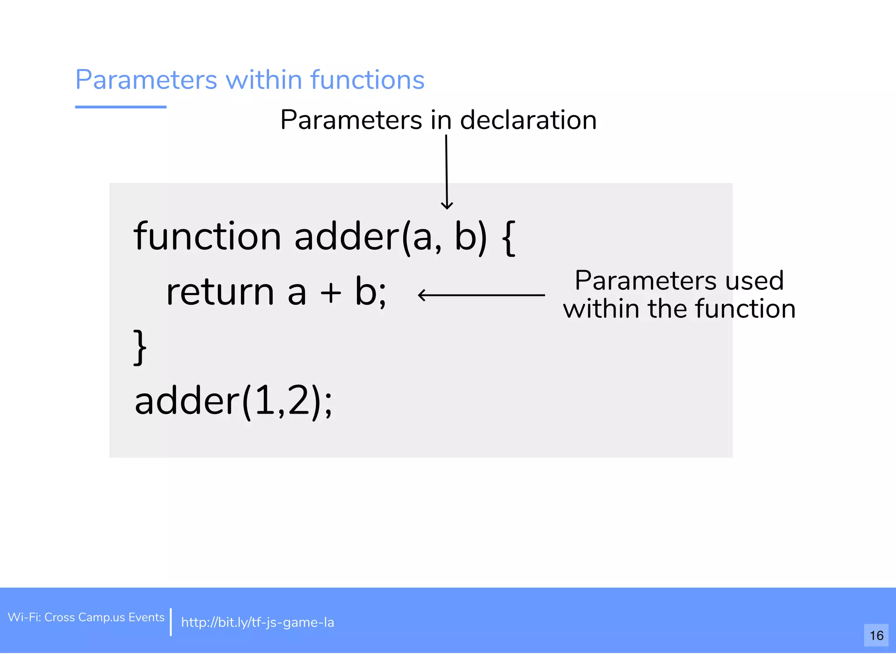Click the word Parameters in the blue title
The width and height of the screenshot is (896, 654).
pyautogui.click(x=146, y=80)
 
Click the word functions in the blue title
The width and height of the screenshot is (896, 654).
pyautogui.click(x=367, y=80)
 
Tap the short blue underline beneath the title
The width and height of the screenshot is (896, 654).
pyautogui.click(x=121, y=107)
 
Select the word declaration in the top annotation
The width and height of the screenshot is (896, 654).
pyautogui.click(x=528, y=120)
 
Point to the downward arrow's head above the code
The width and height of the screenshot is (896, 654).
pyautogui.click(x=447, y=205)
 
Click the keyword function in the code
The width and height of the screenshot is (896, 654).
pyautogui.click(x=207, y=236)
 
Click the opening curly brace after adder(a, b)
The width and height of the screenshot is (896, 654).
pyautogui.click(x=508, y=238)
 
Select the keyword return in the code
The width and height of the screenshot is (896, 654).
pyautogui.click(x=220, y=292)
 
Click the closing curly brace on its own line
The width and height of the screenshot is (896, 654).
pyautogui.click(x=140, y=347)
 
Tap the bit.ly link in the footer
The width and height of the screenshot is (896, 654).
pyautogui.click(x=257, y=622)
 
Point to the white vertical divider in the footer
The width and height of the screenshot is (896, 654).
pyautogui.click(x=171, y=622)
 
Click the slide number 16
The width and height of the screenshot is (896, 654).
pyautogui.click(x=876, y=635)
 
